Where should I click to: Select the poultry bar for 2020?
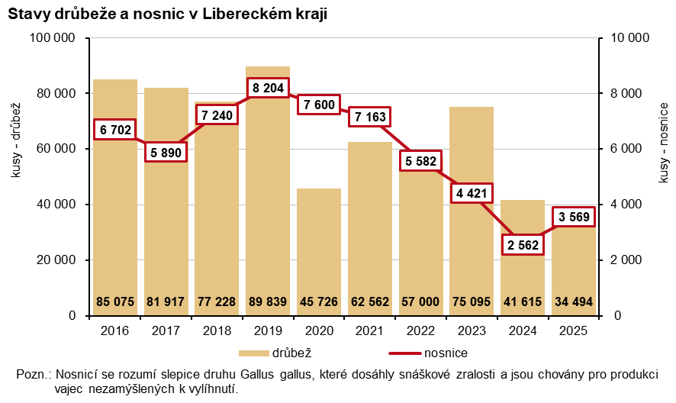pos(319,244)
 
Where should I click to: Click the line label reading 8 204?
pos(268,88)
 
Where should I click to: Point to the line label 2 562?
pos(523,245)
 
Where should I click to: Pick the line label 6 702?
pos(115,130)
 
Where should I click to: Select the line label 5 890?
pos(166,152)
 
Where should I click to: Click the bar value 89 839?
pos(268,301)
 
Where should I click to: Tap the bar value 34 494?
pos(573,301)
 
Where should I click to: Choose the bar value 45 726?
pos(319,301)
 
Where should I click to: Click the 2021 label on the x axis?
pos(369,331)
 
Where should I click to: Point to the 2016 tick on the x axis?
pos(115,331)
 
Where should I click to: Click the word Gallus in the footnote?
pos(262,375)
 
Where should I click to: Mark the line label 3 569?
pos(573,216)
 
